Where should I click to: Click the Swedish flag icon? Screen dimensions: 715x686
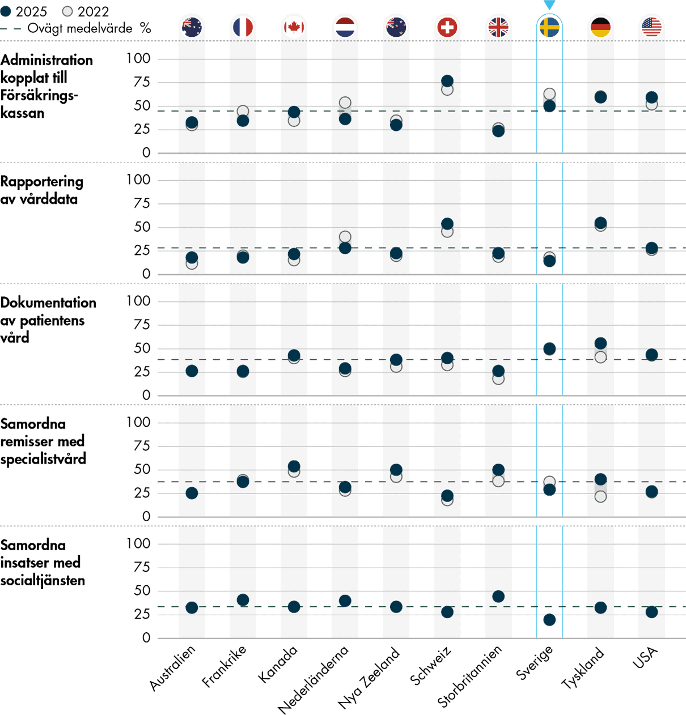click(x=549, y=27)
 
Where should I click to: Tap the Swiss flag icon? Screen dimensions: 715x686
click(x=447, y=27)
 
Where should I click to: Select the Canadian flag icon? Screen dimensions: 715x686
click(x=294, y=27)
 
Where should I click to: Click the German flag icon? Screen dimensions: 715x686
click(x=600, y=27)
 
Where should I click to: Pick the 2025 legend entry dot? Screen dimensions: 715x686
click(x=6, y=11)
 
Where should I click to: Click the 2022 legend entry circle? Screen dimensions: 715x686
click(x=67, y=11)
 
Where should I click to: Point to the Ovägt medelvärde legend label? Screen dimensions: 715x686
click(x=79, y=28)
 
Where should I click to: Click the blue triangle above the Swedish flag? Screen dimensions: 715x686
click(x=549, y=5)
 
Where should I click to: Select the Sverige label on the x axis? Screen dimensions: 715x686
click(x=534, y=663)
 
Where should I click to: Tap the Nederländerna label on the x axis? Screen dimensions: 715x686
click(x=313, y=679)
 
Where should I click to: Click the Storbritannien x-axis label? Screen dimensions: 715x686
click(x=469, y=676)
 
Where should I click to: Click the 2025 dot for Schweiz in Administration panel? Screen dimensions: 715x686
click(x=447, y=81)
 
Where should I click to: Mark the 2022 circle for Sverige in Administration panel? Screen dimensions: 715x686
click(x=549, y=94)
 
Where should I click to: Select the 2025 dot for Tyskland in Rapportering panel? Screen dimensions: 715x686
click(x=600, y=223)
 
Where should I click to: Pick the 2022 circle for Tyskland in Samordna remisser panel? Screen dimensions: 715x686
click(x=600, y=497)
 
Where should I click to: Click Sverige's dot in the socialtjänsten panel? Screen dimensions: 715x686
click(x=549, y=620)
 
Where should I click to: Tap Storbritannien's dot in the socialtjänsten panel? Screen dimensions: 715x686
click(x=498, y=597)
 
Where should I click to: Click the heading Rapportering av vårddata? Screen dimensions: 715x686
click(x=41, y=190)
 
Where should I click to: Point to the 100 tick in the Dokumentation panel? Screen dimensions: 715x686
click(x=138, y=301)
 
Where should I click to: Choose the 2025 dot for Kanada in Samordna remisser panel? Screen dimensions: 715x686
click(x=294, y=466)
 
